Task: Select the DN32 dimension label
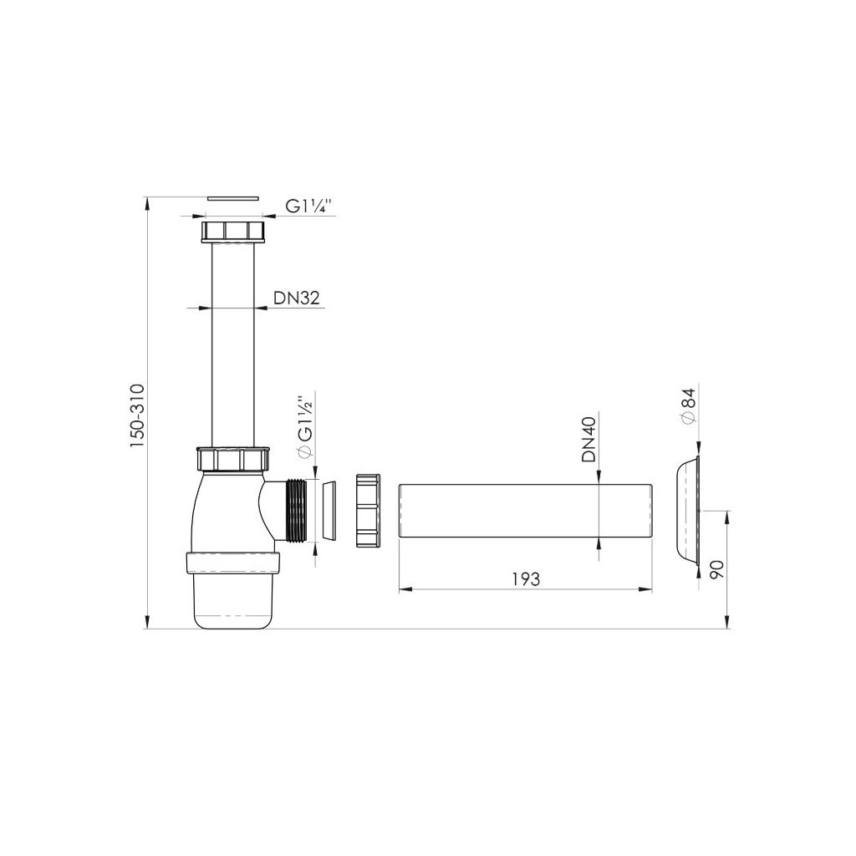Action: [296, 298]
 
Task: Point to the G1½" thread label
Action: [305, 424]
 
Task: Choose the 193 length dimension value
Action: [527, 579]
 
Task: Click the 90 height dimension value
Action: [716, 569]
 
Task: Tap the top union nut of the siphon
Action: [233, 232]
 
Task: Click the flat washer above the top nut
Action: [233, 196]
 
